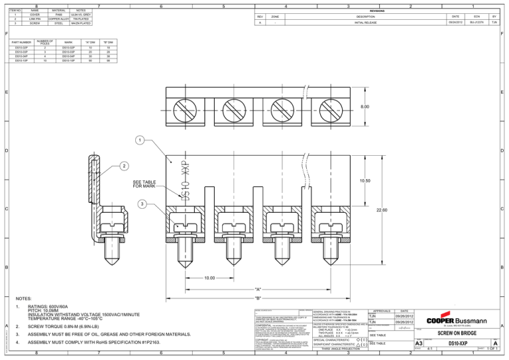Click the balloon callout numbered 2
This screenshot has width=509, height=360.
[124, 165]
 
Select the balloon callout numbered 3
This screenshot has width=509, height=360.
[141, 204]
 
